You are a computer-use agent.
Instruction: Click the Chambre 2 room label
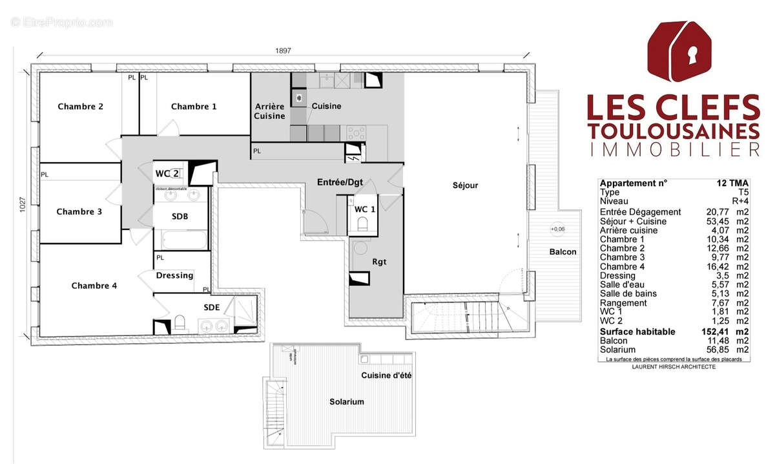coord(80,107)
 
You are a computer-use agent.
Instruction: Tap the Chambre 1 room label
coord(194,107)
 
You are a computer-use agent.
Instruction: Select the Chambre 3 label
coord(79,211)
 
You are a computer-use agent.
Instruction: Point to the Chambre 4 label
coord(94,286)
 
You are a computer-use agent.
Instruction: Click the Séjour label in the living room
coord(465,185)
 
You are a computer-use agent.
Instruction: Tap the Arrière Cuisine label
coord(269,111)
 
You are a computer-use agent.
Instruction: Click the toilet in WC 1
coord(362,224)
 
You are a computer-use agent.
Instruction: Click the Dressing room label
coord(175,275)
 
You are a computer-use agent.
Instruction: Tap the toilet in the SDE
coord(180,323)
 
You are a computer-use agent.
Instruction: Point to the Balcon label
coord(563,251)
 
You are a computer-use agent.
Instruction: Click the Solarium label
coord(347,401)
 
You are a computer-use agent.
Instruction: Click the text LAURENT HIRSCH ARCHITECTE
coord(674,367)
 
